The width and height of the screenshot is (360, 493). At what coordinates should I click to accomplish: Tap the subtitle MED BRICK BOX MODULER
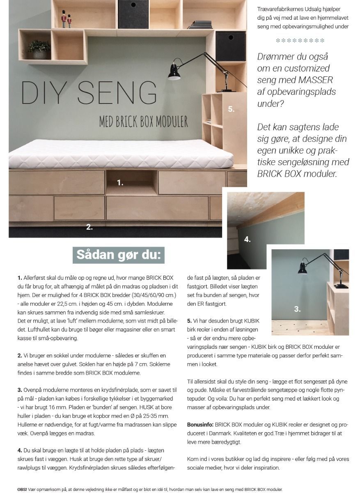point(143,122)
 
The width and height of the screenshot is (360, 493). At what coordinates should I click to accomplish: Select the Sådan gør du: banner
point(118,255)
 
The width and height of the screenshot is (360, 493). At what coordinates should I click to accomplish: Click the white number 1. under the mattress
point(120,183)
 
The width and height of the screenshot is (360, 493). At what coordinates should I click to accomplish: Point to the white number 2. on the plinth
point(89,226)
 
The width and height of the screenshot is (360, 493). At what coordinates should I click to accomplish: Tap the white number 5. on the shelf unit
point(231,109)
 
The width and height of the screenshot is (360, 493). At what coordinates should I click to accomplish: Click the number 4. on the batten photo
point(247,240)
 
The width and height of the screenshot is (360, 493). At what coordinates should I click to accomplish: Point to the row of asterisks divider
point(300,40)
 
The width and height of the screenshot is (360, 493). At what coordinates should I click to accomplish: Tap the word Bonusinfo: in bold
point(200,424)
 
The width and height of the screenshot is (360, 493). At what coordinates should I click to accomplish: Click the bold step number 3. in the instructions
point(20,389)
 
